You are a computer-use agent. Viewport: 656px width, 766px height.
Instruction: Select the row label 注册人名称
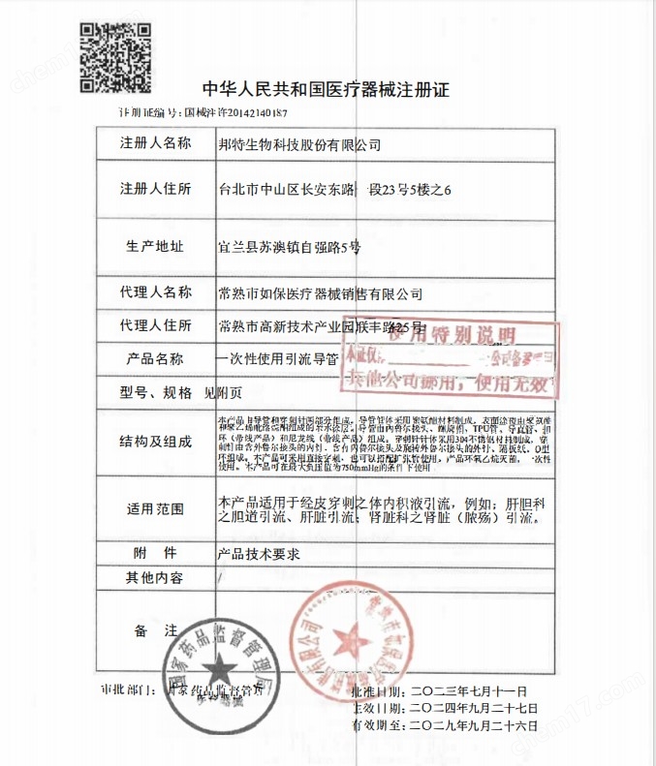(x=156, y=143)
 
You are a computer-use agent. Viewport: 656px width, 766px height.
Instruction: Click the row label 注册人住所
(x=156, y=188)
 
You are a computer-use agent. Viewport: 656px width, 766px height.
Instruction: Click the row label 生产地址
(x=156, y=246)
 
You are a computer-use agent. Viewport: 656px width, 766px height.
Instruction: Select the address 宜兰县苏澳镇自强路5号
(x=289, y=247)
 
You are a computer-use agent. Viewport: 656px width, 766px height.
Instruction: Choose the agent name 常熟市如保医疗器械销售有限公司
(x=322, y=292)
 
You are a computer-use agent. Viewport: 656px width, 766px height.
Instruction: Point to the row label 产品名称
(x=156, y=358)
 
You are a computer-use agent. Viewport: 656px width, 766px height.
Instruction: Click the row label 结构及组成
(x=156, y=442)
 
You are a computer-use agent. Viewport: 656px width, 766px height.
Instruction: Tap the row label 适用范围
(x=156, y=509)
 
